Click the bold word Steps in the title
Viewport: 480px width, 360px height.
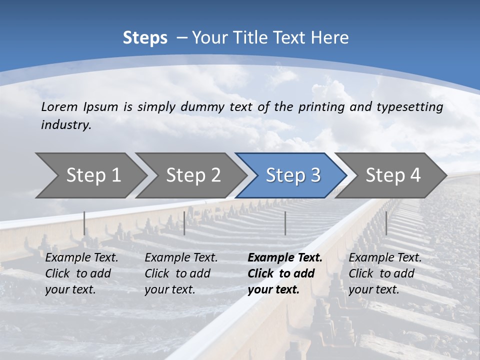coord(145,38)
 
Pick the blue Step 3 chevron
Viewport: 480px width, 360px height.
coord(293,175)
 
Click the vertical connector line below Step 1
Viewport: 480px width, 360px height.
coord(84,223)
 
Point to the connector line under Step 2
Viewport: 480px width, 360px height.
coord(184,223)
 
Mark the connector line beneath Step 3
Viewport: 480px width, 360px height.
coord(285,223)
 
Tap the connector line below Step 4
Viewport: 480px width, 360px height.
coord(386,223)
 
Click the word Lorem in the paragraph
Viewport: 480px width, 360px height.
coord(59,107)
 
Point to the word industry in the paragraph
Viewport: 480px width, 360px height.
coord(66,125)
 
